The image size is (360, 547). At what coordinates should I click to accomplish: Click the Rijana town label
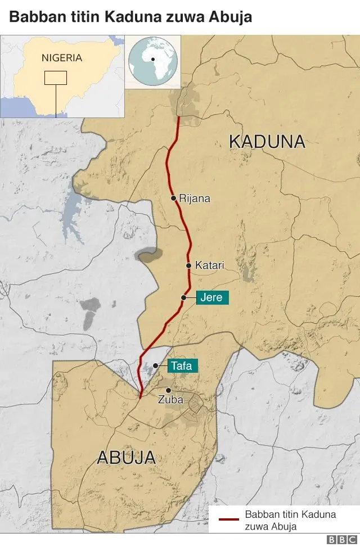[x=195, y=198]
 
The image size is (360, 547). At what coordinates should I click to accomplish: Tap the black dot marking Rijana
[x=174, y=198]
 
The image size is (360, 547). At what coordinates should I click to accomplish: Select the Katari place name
[x=209, y=265]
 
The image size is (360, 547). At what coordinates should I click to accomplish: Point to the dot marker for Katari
[x=188, y=265]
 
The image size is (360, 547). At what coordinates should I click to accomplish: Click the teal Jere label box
[x=212, y=297]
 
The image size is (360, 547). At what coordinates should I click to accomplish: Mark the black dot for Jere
[x=184, y=297]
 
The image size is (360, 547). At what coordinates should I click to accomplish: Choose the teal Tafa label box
[x=181, y=366]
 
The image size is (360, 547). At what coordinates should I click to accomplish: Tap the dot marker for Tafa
[x=155, y=365]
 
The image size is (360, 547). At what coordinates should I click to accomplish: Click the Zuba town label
[x=169, y=401]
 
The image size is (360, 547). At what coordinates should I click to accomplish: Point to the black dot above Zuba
[x=168, y=390]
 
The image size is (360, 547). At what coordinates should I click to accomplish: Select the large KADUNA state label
[x=267, y=142]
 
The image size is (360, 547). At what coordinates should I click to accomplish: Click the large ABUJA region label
[x=126, y=458]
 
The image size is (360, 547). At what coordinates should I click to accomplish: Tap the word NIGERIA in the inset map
[x=62, y=58]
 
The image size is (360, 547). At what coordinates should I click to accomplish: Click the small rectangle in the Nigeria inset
[x=56, y=78]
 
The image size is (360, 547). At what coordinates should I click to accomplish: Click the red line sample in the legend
[x=228, y=520]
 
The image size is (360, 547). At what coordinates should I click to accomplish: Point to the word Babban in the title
[x=33, y=17]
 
